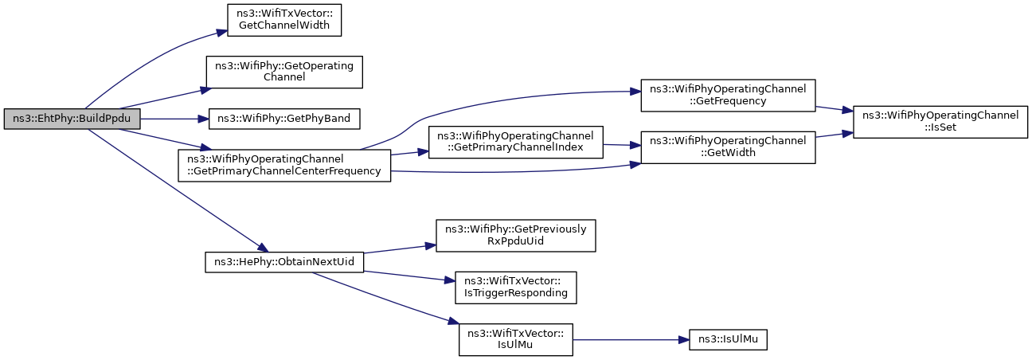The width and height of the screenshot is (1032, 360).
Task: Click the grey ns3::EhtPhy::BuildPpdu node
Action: [x=72, y=119]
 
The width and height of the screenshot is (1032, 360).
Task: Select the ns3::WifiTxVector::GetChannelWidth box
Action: [x=284, y=20]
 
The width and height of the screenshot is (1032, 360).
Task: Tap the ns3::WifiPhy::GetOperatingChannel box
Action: [x=284, y=72]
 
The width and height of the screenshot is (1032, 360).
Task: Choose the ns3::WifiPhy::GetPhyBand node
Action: [x=284, y=119]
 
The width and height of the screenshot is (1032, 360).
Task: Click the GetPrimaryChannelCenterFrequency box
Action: [x=284, y=166]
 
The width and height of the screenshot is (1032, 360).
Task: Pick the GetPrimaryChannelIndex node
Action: [x=515, y=143]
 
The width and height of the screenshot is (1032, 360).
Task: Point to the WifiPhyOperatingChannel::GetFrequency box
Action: [x=728, y=96]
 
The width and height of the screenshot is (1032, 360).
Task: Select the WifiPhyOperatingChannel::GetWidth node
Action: [x=728, y=147]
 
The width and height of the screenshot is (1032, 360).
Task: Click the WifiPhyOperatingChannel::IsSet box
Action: [x=940, y=122]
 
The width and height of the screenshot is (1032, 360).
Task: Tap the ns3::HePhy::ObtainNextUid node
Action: [x=284, y=262]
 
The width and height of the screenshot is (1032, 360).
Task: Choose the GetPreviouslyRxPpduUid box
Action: [x=515, y=236]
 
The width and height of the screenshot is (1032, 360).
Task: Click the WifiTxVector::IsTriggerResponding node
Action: [x=515, y=288]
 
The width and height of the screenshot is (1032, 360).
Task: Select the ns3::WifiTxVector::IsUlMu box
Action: [x=515, y=340]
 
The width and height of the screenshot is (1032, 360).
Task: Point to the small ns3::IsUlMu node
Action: [x=728, y=340]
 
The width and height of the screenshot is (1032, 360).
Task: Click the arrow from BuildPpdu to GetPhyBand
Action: [x=174, y=119]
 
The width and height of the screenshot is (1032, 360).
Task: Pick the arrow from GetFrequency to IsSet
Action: [x=835, y=109]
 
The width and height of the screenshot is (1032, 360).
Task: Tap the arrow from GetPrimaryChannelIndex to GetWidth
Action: [x=622, y=145]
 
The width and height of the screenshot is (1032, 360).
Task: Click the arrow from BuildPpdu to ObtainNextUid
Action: [x=178, y=190]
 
